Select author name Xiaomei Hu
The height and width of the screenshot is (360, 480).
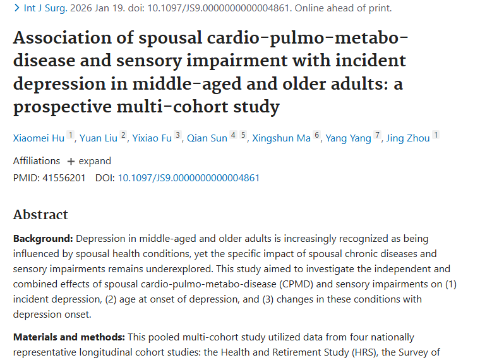click(x=39, y=138)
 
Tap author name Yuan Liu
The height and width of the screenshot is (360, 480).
click(x=98, y=138)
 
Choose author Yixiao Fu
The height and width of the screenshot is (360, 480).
click(x=152, y=138)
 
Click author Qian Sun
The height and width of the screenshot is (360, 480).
click(x=207, y=138)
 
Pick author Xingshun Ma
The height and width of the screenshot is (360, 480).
click(x=281, y=138)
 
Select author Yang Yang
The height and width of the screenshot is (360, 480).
click(x=348, y=138)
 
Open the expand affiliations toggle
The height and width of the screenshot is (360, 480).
click(x=89, y=161)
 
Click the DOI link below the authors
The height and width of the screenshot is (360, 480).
click(x=188, y=178)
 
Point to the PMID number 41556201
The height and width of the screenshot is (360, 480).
click(x=63, y=178)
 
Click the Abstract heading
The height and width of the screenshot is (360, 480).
click(x=40, y=215)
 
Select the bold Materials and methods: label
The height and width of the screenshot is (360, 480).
click(x=69, y=337)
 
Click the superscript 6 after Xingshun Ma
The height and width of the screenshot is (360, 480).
click(x=317, y=136)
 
